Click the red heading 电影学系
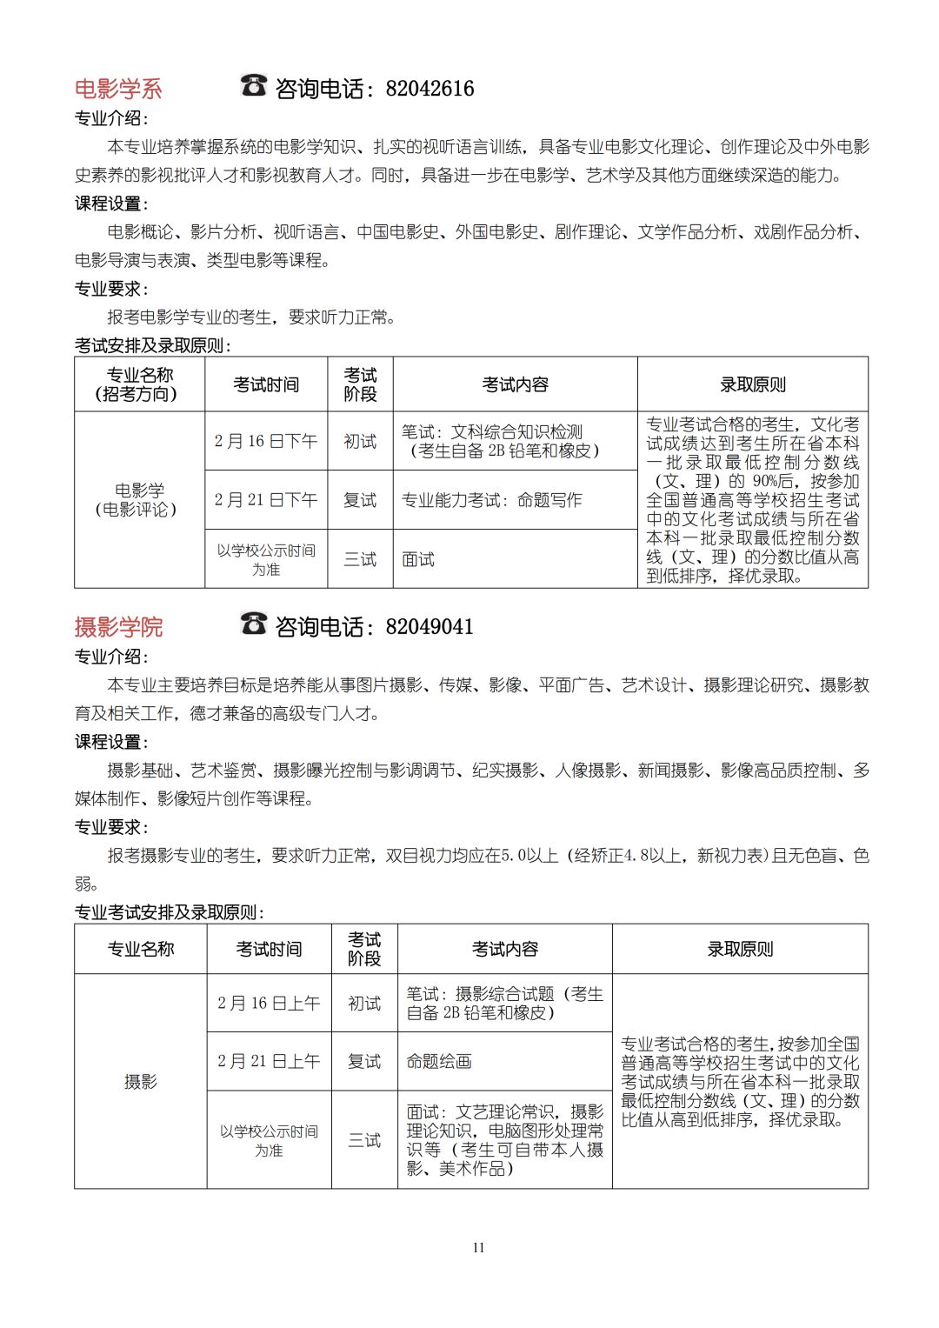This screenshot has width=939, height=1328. coord(118,89)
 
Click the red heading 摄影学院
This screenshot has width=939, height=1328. coord(118,627)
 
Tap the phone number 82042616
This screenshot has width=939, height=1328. coord(430,89)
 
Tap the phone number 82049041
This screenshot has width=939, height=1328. coord(430,627)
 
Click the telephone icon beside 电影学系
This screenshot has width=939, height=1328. coord(253,85)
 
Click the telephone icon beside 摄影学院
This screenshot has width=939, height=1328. coord(253,624)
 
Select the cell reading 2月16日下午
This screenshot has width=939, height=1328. coord(266,441)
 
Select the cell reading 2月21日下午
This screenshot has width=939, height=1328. coord(266,500)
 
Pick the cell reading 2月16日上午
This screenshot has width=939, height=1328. coord(269,1003)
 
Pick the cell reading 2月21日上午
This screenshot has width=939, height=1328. coord(269,1061)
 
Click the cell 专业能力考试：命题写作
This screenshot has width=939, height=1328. coord(491,500)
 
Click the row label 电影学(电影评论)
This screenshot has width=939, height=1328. coord(139,500)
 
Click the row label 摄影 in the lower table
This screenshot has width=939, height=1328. coord(141,1082)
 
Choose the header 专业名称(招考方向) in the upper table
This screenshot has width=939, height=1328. coord(139,384)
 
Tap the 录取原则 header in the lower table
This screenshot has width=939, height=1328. coord(740,949)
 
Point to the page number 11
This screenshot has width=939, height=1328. coord(478,1247)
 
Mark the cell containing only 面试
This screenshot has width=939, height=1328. coord(418,559)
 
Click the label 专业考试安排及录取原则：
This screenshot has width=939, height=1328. coord(170,912)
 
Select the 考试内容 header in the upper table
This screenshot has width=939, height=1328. coord(515,384)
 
